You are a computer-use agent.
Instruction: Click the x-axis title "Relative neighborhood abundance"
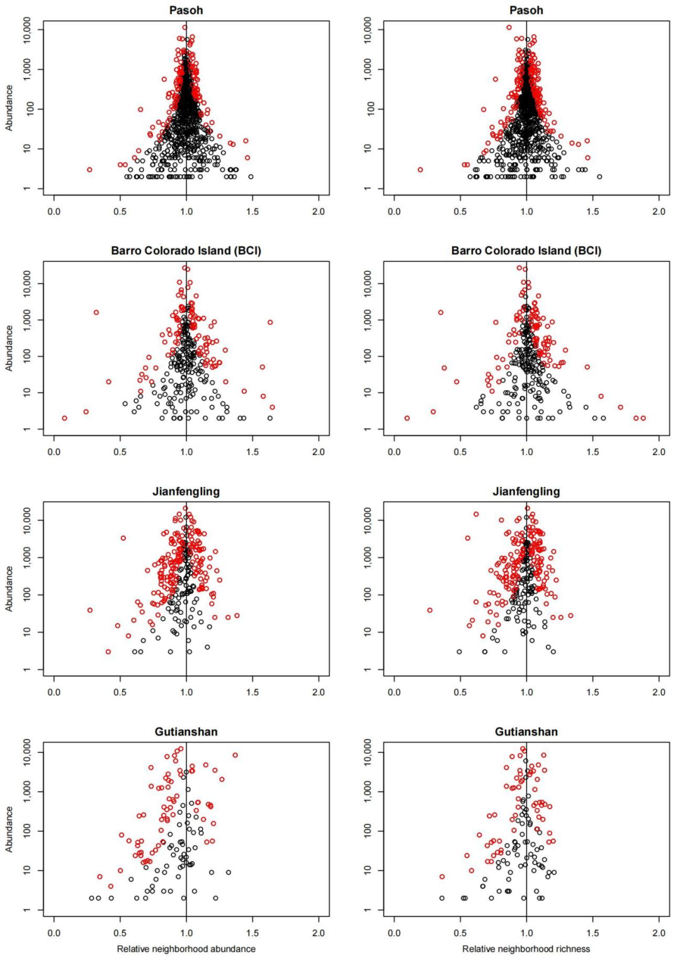pyautogui.click(x=186, y=949)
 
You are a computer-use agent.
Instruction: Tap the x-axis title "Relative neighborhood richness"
pyautogui.click(x=526, y=949)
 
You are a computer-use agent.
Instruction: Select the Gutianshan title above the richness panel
pyautogui.click(x=526, y=732)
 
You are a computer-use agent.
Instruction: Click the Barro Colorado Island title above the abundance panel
pyautogui.click(x=186, y=250)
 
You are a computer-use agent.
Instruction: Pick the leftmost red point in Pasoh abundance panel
pyautogui.click(x=89, y=170)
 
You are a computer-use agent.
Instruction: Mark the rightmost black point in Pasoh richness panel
pyautogui.click(x=599, y=177)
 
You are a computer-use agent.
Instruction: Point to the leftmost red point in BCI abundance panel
pyautogui.click(x=64, y=418)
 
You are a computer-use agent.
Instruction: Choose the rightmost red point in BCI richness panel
pyautogui.click(x=643, y=418)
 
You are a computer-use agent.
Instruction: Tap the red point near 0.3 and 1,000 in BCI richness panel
pyautogui.click(x=441, y=313)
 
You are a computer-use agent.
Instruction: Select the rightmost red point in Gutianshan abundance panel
pyautogui.click(x=235, y=755)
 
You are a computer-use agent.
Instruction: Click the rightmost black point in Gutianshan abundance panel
pyautogui.click(x=229, y=872)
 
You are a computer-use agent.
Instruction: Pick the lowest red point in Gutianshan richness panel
pyautogui.click(x=442, y=877)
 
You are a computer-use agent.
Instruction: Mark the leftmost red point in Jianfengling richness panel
pyautogui.click(x=430, y=610)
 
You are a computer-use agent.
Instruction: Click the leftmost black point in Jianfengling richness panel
pyautogui.click(x=459, y=652)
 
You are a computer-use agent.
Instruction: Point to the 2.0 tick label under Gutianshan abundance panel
pyautogui.click(x=319, y=933)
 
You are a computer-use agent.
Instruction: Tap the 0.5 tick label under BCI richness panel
pyautogui.click(x=460, y=452)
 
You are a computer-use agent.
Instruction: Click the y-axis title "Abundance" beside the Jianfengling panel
pyautogui.click(x=9, y=588)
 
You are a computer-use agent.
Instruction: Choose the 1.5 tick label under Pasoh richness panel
pyautogui.click(x=593, y=211)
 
